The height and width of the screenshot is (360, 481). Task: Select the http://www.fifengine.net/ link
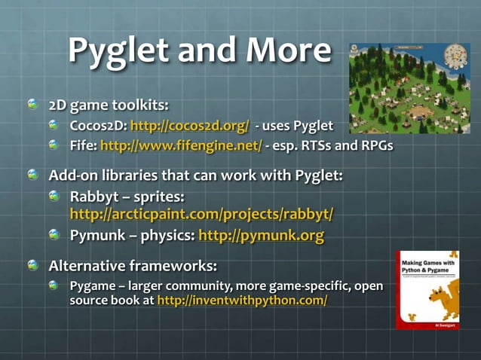(x=181, y=145)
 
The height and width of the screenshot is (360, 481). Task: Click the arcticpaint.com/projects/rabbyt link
(x=201, y=215)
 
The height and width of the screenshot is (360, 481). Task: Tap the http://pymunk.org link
(x=261, y=236)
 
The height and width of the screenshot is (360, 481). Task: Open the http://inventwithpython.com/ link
(x=242, y=300)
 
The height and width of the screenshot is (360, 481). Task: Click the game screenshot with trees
(x=409, y=88)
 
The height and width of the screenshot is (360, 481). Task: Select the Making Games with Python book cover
(x=427, y=290)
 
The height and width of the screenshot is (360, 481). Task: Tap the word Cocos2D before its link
(x=98, y=124)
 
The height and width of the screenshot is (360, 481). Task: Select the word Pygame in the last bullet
(x=93, y=286)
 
